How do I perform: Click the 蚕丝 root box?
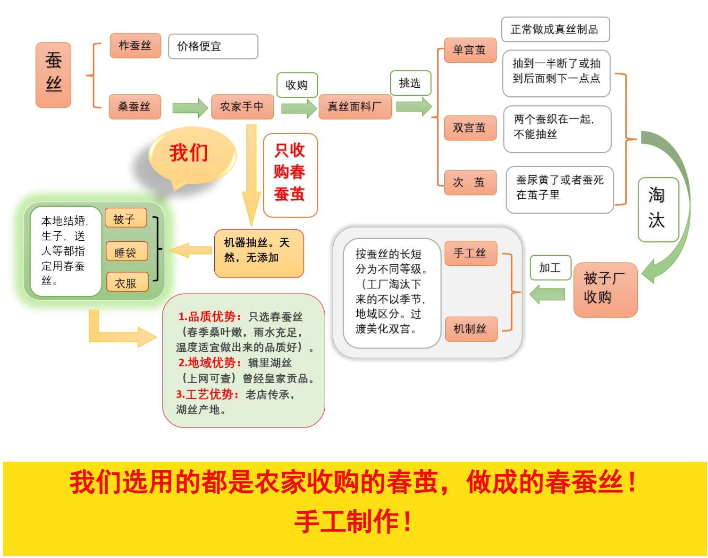coord(53,75)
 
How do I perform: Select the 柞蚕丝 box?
coord(135,46)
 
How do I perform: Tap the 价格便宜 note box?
coord(213,46)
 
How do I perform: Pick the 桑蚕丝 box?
coord(135,107)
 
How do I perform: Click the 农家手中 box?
coord(242,107)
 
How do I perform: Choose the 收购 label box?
coord(297,85)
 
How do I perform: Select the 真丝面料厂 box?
coord(355,107)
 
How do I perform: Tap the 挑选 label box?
coord(410,83)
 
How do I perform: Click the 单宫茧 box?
coord(470,50)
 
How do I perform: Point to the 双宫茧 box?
coord(470,127)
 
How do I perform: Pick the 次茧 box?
coord(470,182)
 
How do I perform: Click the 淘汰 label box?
coord(657,209)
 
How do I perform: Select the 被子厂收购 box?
coord(605,289)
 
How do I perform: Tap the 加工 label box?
coord(550,268)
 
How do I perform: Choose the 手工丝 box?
coord(471,253)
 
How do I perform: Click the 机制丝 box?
coord(471,329)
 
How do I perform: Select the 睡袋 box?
coord(126,252)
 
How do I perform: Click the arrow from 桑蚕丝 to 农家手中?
coord(190,108)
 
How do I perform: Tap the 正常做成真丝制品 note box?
coord(555,29)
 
